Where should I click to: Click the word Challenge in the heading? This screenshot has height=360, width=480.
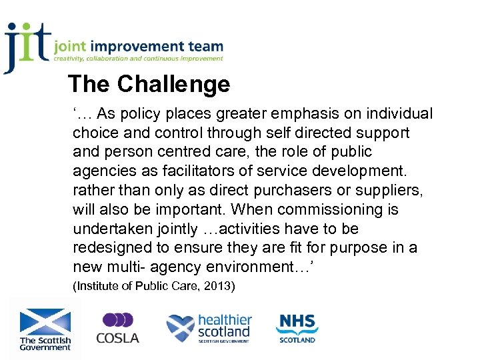point(173,84)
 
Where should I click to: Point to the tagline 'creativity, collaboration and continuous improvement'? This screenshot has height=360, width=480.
point(139,59)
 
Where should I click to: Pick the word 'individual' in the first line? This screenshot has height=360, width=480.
point(397,114)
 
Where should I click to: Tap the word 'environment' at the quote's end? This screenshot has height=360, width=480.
point(251,267)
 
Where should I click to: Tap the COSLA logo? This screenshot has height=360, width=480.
point(117,328)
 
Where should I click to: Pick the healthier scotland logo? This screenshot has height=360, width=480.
point(209,329)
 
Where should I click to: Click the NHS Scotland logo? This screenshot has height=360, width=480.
point(297,328)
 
